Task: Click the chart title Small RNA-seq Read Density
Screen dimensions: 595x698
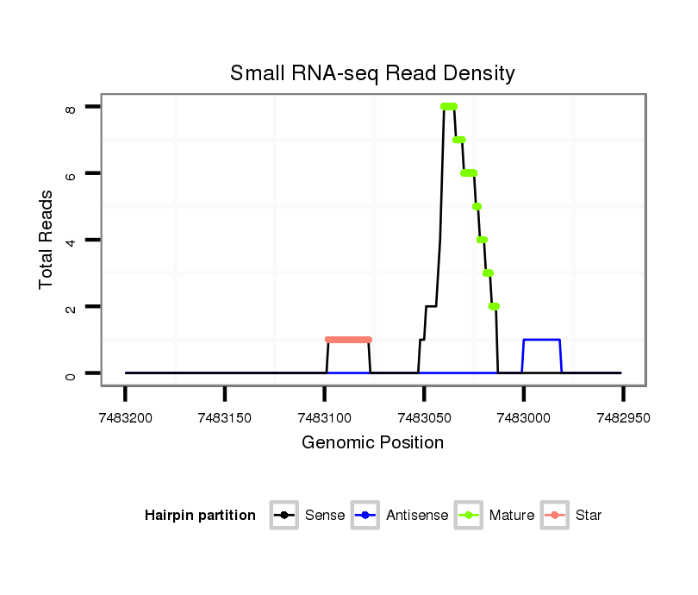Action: pos(372,73)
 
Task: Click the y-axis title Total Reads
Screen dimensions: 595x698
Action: pos(47,240)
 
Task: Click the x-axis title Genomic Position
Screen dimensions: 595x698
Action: pos(372,443)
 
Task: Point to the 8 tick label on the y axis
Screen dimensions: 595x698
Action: pos(72,108)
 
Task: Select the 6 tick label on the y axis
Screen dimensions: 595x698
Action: pos(72,174)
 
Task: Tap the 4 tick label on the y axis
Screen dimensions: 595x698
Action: pos(72,241)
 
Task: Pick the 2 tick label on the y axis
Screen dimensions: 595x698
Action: pos(72,307)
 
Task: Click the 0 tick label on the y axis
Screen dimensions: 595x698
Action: pos(72,374)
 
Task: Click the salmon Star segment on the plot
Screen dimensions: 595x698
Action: pos(348,340)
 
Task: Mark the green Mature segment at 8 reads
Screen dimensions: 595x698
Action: pos(448,107)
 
